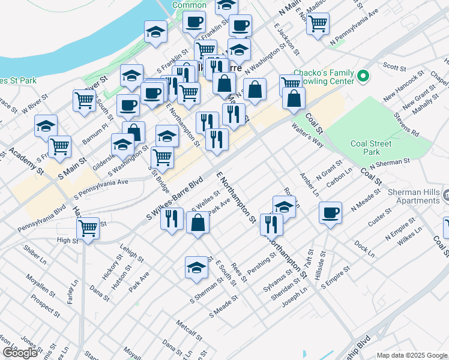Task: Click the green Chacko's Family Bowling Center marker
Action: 363,76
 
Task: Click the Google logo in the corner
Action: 20,352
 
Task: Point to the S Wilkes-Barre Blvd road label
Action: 175,197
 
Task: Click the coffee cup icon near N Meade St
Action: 330,212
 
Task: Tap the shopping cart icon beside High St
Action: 88,229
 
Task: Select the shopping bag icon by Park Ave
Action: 197,224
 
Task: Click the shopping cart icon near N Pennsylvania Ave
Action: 318,24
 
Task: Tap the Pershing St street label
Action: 262,262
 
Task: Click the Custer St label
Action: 379,217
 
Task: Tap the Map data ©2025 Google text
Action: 412,355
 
